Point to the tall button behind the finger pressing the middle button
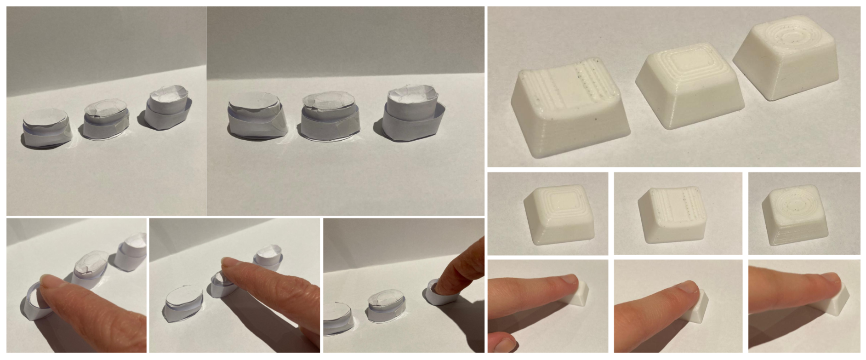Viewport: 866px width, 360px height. click(268, 257)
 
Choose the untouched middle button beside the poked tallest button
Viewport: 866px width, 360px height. click(386, 303)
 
